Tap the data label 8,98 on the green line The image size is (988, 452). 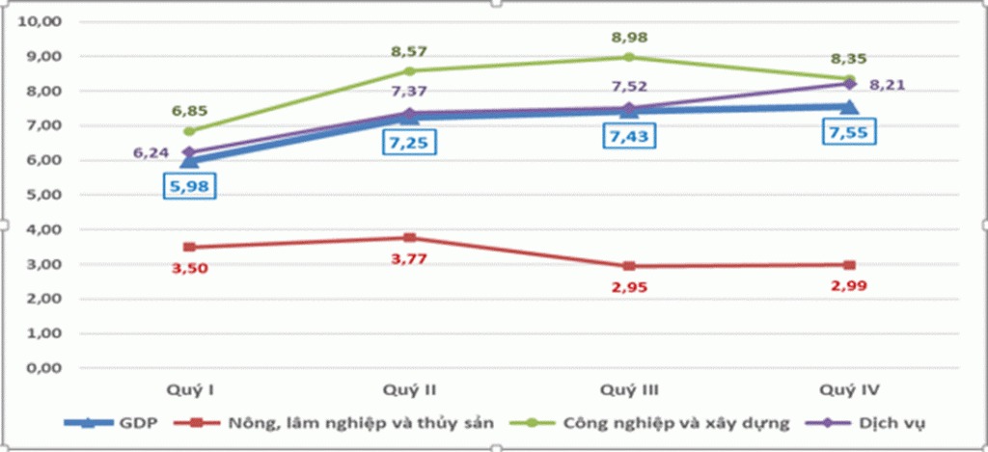pyautogui.click(x=629, y=38)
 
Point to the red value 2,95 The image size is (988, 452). pyautogui.click(x=629, y=286)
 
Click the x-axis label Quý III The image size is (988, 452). pyautogui.click(x=629, y=389)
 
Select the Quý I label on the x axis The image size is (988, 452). pyautogui.click(x=190, y=389)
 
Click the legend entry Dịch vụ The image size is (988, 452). pyautogui.click(x=878, y=422)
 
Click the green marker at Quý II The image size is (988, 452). pyautogui.click(x=409, y=70)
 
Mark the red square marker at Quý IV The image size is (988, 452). pyautogui.click(x=849, y=264)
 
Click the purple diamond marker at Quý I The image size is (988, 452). pyautogui.click(x=190, y=152)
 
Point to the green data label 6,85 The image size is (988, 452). pyautogui.click(x=190, y=111)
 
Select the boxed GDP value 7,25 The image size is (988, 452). pyautogui.click(x=409, y=143)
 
